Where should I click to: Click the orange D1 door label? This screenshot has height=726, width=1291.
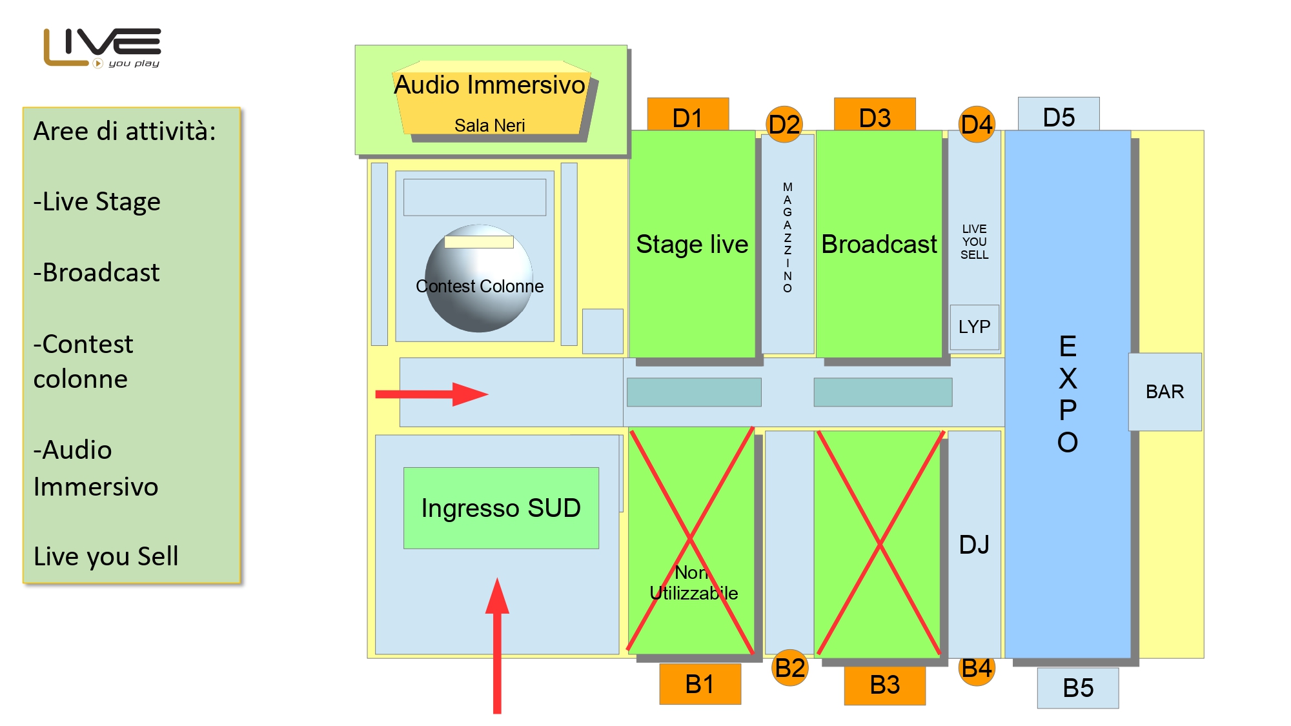click(687, 116)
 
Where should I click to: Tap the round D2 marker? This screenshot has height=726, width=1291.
click(784, 124)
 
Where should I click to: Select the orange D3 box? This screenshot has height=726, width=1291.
click(875, 116)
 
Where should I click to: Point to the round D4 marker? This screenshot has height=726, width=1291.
click(977, 124)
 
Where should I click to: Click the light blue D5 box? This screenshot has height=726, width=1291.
click(1059, 115)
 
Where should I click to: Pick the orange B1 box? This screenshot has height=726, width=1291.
click(700, 684)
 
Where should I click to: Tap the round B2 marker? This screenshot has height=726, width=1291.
click(790, 668)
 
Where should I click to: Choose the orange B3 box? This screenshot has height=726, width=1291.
click(884, 685)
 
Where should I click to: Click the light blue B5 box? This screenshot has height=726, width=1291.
click(1078, 688)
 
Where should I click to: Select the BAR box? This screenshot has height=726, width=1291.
click(1165, 392)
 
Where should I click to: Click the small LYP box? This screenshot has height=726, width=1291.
click(974, 327)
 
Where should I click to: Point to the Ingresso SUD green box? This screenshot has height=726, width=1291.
click(501, 508)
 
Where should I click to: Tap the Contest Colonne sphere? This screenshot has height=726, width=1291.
click(479, 278)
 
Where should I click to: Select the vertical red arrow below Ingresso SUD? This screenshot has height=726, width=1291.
click(497, 645)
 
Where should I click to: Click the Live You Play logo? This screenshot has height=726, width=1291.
click(102, 48)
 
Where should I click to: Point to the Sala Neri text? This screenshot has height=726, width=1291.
click(489, 125)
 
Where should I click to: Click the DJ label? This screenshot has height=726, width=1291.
click(974, 545)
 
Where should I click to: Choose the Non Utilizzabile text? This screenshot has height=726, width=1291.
click(693, 583)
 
